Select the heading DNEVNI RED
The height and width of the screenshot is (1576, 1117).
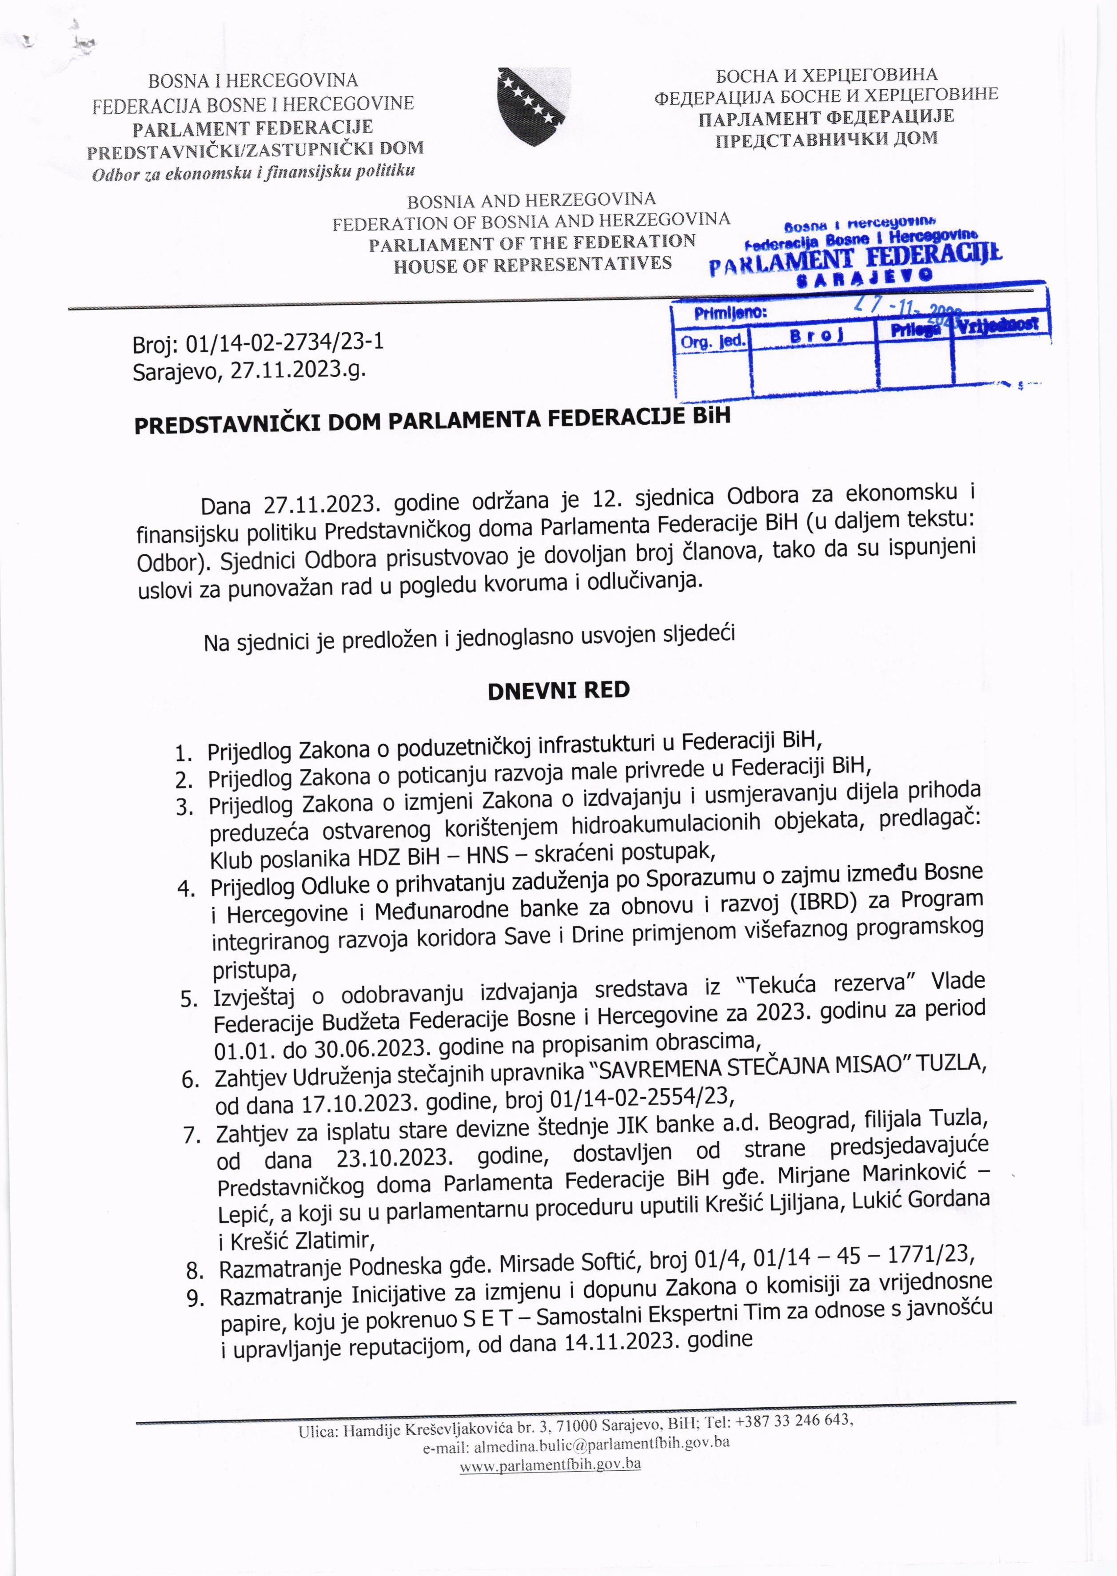[558, 690]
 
